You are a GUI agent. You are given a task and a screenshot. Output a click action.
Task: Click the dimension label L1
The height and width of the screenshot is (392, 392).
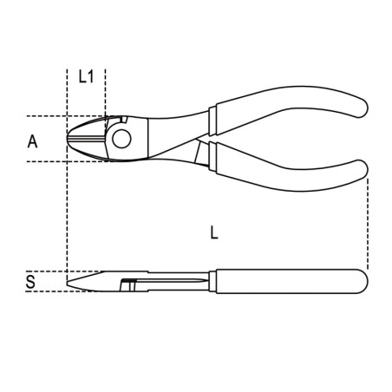(85, 77)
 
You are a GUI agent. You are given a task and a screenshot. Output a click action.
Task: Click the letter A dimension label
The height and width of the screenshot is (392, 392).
(32, 140)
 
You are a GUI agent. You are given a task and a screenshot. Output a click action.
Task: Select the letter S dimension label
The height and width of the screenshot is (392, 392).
(31, 281)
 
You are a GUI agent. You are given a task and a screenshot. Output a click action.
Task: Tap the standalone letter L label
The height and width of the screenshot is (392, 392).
(214, 232)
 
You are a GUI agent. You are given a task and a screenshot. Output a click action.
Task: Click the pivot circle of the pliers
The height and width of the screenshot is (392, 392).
(120, 137)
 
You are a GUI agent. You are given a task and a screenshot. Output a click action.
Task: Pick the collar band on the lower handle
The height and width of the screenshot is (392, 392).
(201, 154)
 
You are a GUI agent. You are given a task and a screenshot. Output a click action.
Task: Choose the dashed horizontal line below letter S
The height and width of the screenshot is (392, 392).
(39, 291)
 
